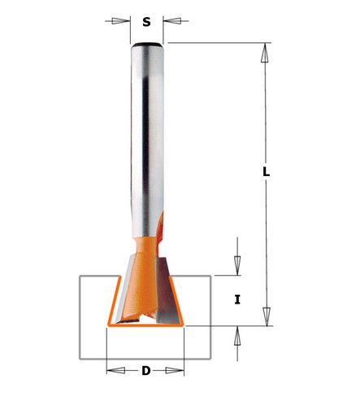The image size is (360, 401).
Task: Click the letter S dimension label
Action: tap(146, 22)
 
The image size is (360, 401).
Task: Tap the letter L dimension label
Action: tap(267, 171)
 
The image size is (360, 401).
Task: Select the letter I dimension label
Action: tap(237, 300)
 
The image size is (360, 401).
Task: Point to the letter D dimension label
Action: tap(146, 370)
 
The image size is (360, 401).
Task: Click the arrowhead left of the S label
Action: tap(121, 21)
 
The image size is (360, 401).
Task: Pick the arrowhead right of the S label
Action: tap(172, 21)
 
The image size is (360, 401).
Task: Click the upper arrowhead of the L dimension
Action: tap(265, 53)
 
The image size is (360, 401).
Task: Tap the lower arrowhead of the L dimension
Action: tap(267, 317)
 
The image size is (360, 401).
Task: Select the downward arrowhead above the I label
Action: tap(237, 265)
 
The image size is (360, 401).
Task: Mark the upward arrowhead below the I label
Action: tap(237, 336)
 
